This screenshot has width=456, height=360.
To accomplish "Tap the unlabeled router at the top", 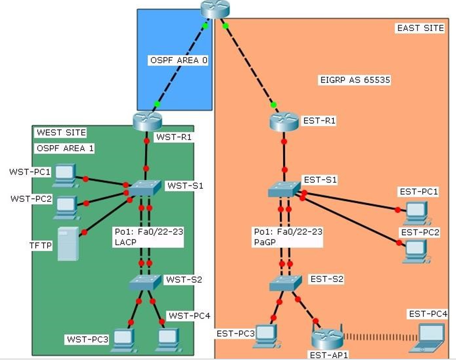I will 214,9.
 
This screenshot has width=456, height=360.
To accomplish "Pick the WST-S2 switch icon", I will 144,282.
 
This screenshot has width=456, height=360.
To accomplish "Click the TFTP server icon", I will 68,243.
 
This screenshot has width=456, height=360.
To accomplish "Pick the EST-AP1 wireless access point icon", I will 327,340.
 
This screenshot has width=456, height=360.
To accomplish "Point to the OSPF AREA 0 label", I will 179,60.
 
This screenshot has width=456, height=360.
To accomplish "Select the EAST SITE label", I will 420,28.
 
